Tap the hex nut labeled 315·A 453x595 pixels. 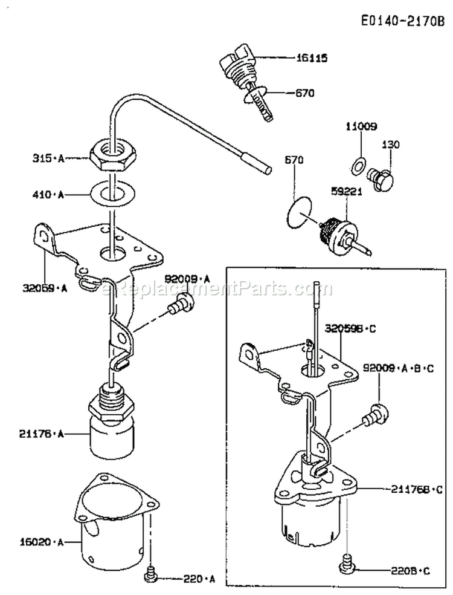click(109, 158)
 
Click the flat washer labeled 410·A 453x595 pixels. click(111, 195)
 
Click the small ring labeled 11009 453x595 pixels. click(358, 163)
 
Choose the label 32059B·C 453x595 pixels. click(350, 329)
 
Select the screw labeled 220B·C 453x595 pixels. click(347, 561)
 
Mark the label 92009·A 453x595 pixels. click(187, 279)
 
